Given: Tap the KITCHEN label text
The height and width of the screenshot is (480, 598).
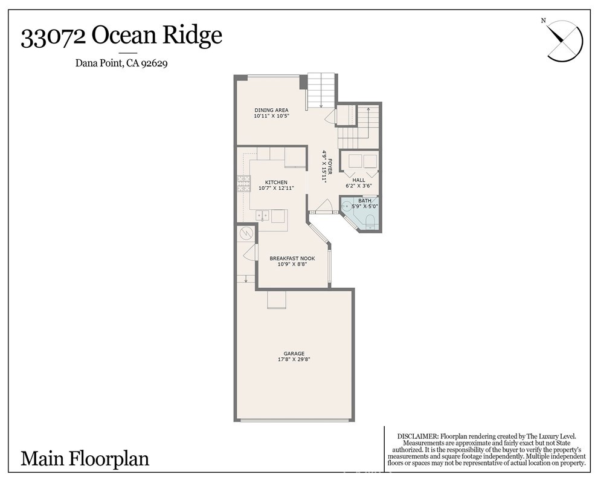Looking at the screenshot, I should [x=276, y=182].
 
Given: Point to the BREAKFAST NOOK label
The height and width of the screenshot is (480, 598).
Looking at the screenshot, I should [x=292, y=258].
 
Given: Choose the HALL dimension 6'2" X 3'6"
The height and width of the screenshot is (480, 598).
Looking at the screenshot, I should [x=359, y=186].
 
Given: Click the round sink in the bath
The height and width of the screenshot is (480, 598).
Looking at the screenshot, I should [x=346, y=206].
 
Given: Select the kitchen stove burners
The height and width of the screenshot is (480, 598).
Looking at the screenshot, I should [x=243, y=183].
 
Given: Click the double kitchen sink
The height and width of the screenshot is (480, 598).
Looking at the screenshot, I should [x=262, y=215].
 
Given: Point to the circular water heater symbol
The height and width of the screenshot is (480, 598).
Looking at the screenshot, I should [x=246, y=233].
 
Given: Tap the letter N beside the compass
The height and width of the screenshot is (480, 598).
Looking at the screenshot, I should [x=544, y=21].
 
